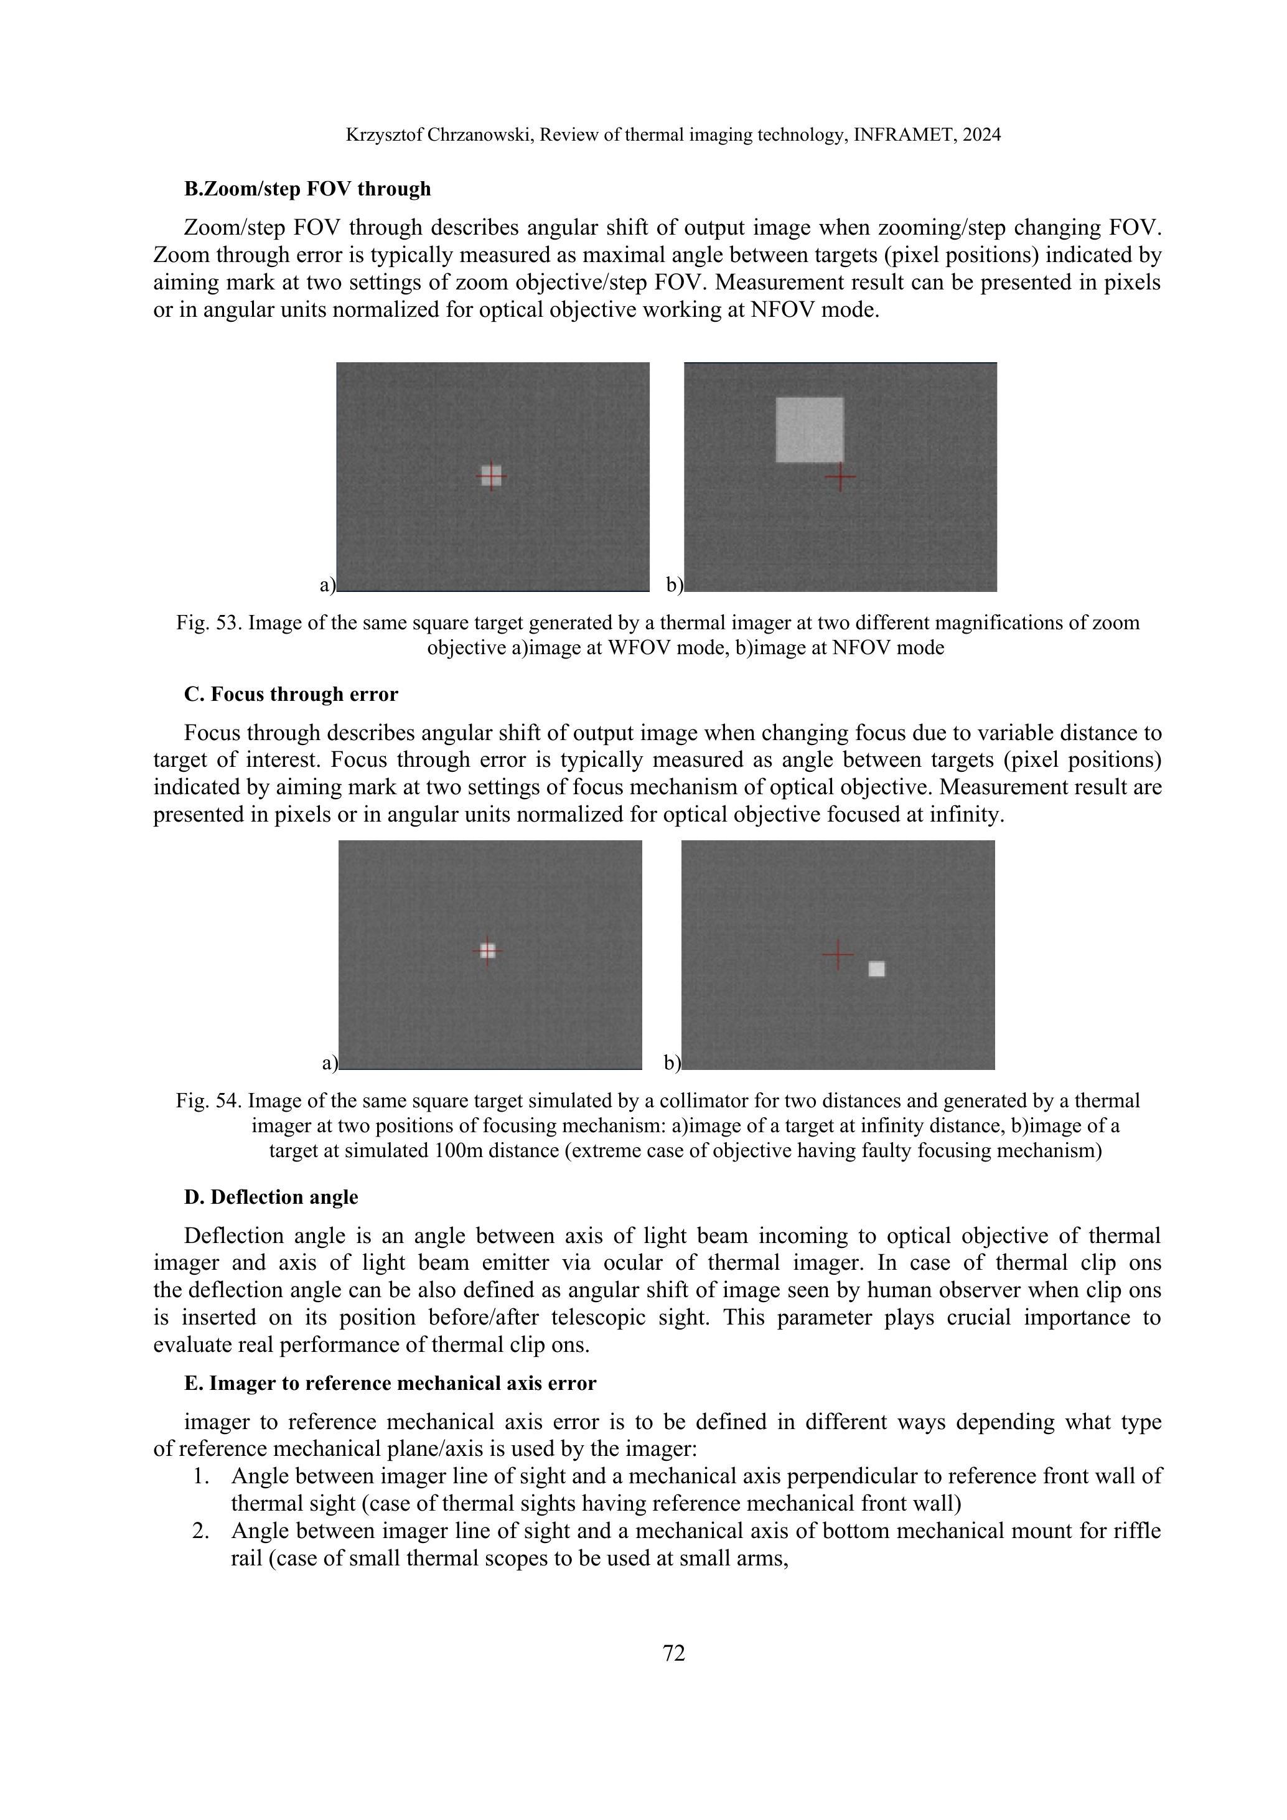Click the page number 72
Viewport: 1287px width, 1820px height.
click(x=673, y=1653)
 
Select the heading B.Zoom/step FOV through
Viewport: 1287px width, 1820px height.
click(x=307, y=189)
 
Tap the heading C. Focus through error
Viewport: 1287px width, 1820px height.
click(x=291, y=695)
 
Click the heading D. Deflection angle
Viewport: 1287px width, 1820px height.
click(x=271, y=1197)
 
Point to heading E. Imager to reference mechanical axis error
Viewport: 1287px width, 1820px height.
click(x=390, y=1383)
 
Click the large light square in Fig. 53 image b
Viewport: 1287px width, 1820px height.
click(x=809, y=429)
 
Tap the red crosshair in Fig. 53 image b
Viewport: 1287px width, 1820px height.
click(x=840, y=477)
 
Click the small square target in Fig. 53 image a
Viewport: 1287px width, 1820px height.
click(x=492, y=476)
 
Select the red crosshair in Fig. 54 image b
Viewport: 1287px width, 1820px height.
click(x=838, y=954)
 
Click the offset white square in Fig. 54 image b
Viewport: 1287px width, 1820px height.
click(x=876, y=969)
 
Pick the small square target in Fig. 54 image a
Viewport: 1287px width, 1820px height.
click(x=487, y=950)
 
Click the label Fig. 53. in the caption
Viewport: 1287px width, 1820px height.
click(x=209, y=623)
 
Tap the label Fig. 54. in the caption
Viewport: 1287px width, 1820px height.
click(x=209, y=1101)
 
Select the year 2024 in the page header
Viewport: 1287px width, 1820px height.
click(x=982, y=134)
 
